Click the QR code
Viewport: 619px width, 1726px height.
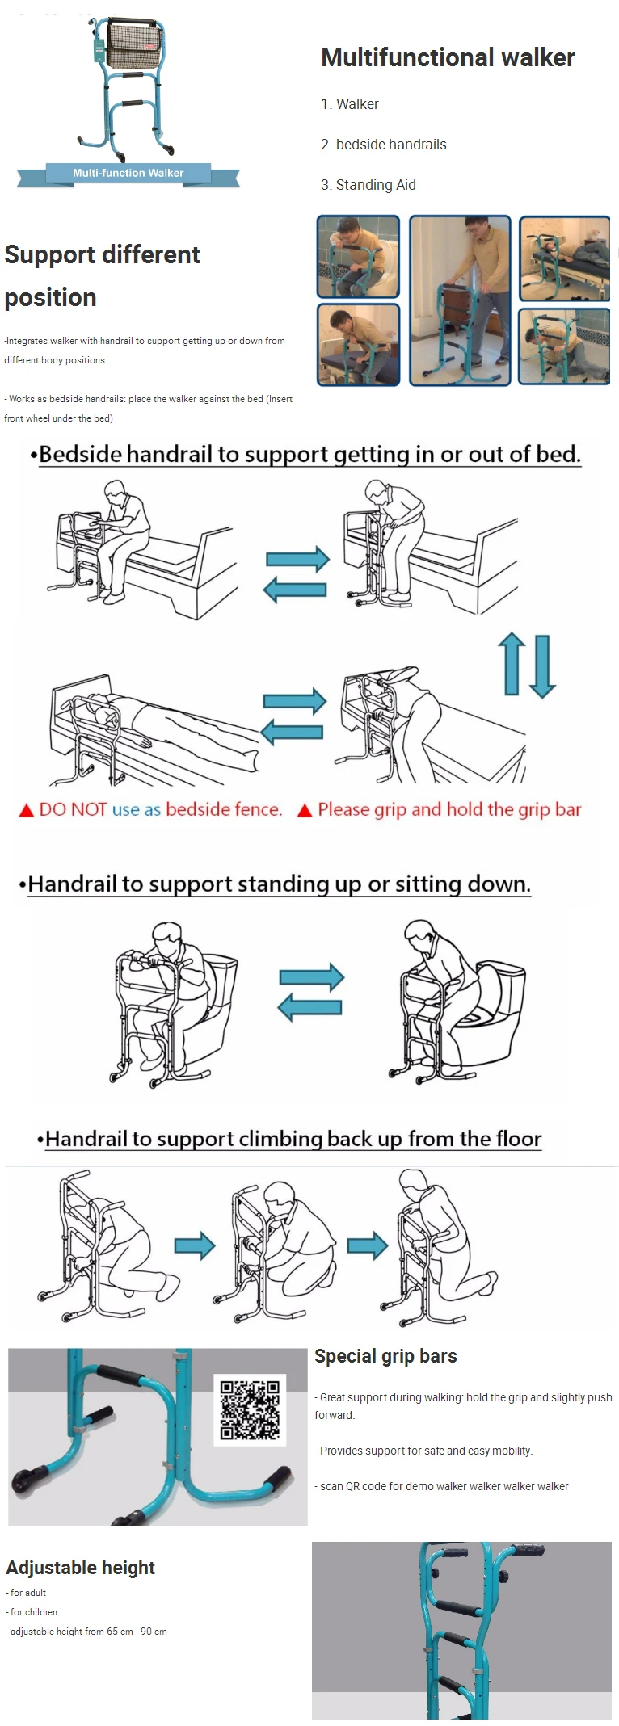(x=251, y=1409)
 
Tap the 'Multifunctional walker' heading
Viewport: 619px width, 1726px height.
(x=448, y=57)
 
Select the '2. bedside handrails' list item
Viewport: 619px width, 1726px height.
(x=383, y=145)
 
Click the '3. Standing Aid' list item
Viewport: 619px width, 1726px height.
(x=368, y=185)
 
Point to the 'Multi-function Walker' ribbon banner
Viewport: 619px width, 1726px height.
(x=128, y=174)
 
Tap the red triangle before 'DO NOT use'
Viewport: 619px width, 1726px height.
(x=26, y=810)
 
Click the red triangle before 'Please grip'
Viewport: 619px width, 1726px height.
(x=305, y=810)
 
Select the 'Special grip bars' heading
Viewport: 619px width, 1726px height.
(x=385, y=1356)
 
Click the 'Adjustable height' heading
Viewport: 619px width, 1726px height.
(x=80, y=1568)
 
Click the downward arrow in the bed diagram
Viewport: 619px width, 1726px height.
(x=542, y=666)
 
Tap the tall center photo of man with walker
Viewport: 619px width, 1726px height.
(x=460, y=300)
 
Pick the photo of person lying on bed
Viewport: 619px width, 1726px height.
(x=564, y=258)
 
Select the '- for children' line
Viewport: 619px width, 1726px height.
(x=32, y=1612)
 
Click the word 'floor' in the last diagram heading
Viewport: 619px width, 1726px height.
(x=519, y=1139)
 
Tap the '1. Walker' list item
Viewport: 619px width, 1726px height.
(x=349, y=104)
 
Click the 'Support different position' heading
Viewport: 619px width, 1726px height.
(x=102, y=276)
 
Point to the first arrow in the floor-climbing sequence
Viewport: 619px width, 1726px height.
(x=195, y=1245)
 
